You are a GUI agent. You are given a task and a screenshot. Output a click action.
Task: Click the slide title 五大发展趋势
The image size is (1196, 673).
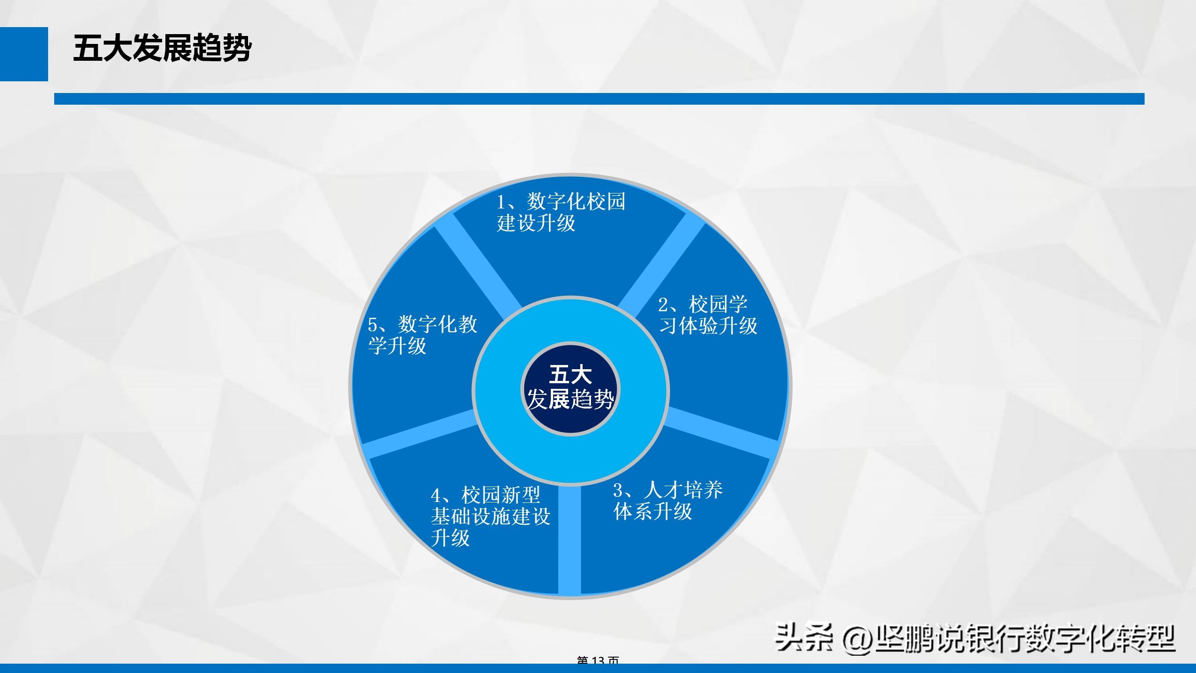[x=162, y=48]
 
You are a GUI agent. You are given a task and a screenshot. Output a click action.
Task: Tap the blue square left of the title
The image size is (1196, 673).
[x=24, y=54]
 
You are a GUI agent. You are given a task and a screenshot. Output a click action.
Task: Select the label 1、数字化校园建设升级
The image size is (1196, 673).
[x=560, y=212]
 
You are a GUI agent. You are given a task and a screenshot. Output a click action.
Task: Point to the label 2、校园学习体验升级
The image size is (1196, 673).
[x=707, y=315]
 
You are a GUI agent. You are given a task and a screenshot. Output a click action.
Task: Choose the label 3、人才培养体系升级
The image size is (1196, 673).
[x=668, y=501]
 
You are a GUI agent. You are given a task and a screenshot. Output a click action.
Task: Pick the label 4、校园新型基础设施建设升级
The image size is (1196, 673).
[x=490, y=516]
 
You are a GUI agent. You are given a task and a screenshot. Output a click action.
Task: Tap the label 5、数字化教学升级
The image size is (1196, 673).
[x=422, y=335]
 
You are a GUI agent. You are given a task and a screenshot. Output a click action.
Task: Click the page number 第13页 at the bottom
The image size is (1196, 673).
[x=598, y=660]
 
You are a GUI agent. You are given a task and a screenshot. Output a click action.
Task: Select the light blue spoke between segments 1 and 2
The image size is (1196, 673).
[x=663, y=262]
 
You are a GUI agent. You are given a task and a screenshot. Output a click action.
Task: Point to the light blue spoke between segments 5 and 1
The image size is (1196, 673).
[x=477, y=266]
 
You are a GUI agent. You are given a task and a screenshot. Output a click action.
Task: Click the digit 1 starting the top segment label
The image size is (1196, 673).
[x=501, y=202]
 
